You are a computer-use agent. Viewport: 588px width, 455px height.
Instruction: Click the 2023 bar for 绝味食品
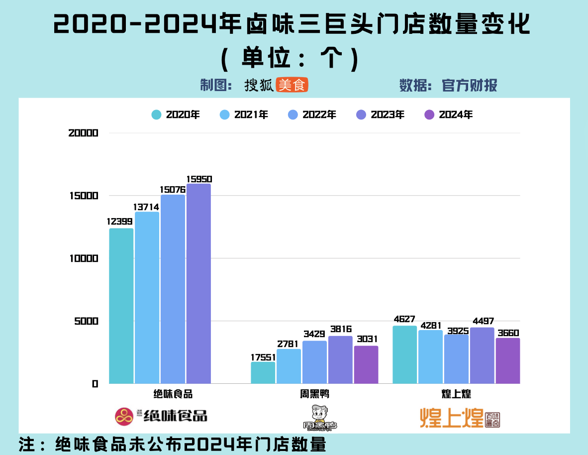(x=198, y=284)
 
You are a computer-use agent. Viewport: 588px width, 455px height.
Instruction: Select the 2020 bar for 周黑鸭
(x=263, y=373)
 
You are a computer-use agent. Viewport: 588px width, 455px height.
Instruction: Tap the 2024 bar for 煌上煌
(x=507, y=361)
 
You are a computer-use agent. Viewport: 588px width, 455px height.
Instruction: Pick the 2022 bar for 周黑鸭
(x=314, y=362)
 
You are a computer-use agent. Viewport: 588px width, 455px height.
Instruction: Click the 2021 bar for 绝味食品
(x=147, y=298)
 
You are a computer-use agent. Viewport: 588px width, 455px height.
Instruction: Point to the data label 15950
(x=199, y=179)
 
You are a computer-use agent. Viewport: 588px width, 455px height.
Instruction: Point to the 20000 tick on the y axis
(x=84, y=133)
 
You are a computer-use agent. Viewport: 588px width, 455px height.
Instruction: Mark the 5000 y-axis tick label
(x=87, y=321)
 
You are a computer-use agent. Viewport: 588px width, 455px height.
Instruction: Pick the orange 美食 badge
(x=292, y=85)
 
